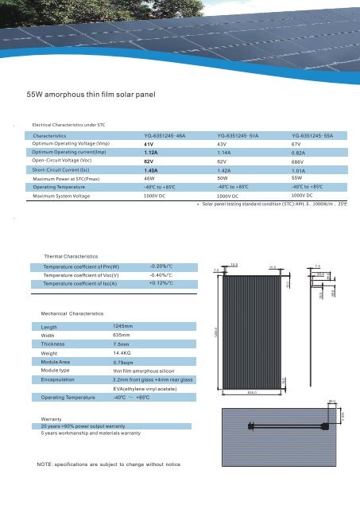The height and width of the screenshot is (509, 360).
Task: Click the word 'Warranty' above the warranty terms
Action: [52, 418]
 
